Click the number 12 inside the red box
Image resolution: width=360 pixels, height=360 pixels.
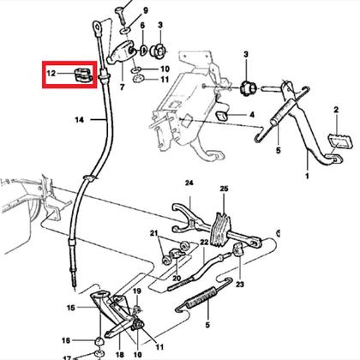point(51,73)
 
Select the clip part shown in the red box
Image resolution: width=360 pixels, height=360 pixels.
point(82,74)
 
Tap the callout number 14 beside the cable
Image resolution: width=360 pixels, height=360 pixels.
point(80,120)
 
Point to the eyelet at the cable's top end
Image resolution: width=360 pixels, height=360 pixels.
point(98,27)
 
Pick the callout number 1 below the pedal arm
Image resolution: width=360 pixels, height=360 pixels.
point(307,176)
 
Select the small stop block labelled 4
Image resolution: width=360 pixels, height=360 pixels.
point(222,116)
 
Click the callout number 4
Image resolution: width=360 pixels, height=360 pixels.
point(252,115)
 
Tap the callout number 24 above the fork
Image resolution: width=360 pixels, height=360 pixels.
point(189,183)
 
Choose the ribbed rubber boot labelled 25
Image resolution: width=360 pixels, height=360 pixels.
point(220,230)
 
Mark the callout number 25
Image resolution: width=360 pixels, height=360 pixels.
point(225,189)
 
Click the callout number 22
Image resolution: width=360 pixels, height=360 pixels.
point(204,243)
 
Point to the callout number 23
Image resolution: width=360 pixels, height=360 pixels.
point(240,285)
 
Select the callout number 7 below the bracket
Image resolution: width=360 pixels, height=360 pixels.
point(123,87)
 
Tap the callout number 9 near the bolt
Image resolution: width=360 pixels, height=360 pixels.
point(146,10)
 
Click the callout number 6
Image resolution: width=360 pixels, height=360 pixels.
point(142,25)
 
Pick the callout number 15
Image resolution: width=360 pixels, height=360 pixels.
point(71,308)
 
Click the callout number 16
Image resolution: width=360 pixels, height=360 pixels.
point(66,340)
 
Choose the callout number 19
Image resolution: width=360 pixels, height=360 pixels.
point(137,291)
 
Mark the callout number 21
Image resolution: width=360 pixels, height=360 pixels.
point(154,233)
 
